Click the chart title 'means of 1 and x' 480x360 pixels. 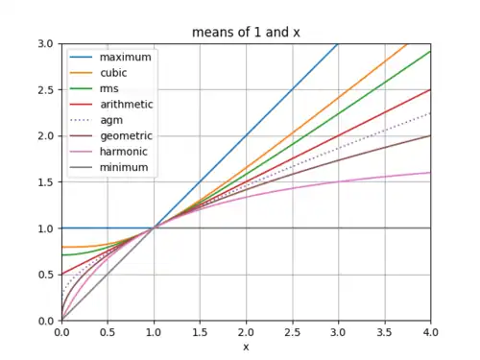246,33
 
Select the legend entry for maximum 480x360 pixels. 126,57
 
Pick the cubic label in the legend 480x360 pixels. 113,73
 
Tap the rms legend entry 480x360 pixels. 109,88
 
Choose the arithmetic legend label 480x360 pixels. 127,105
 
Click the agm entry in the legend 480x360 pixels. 111,121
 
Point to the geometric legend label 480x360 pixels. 126,136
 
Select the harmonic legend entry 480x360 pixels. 124,152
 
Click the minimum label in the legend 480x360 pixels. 124,167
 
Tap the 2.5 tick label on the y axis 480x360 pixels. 47,90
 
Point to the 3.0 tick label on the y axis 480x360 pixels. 47,43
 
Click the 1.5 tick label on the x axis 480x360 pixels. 200,332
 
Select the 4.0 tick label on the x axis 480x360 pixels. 430,332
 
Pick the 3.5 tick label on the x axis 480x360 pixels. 384,332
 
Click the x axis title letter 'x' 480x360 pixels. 246,347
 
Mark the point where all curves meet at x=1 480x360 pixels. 154,228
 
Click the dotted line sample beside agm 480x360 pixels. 81,120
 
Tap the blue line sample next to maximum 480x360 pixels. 81,57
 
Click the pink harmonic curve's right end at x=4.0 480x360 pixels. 430,173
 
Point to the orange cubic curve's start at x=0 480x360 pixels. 62,247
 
